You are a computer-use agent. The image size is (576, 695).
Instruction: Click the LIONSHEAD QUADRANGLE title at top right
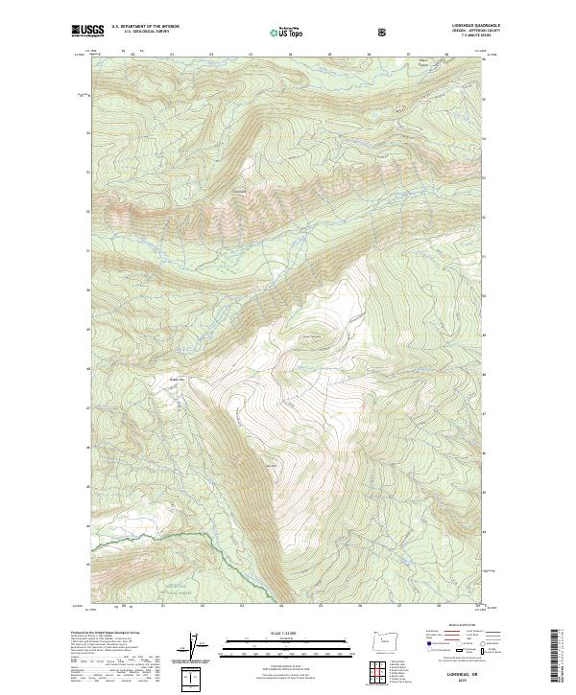464,26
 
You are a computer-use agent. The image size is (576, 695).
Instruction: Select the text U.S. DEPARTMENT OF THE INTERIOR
145,27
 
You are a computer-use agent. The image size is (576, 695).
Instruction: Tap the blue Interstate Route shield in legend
420,649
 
